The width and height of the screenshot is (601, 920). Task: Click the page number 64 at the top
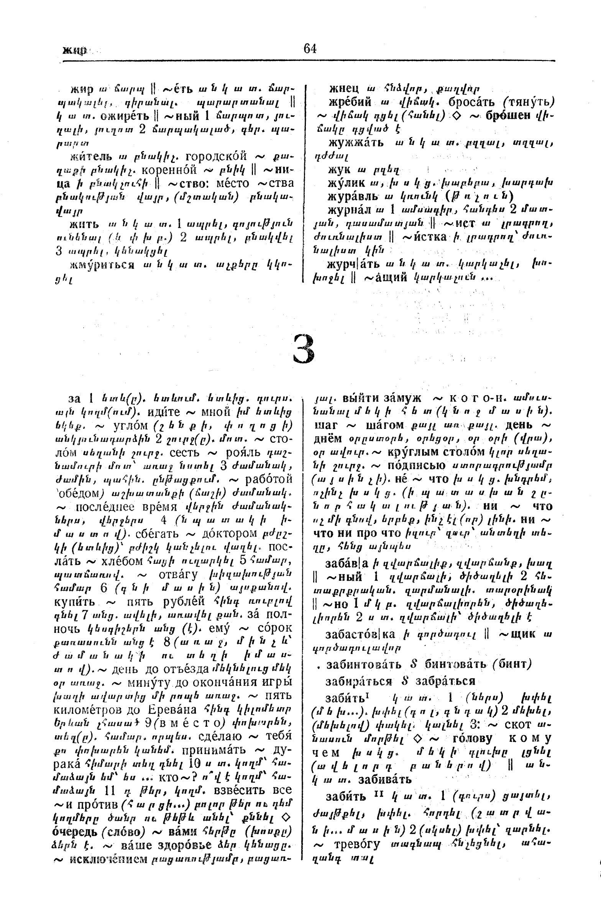(x=310, y=49)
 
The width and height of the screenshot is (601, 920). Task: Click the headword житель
(x=91, y=157)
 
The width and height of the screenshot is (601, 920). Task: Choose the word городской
(x=216, y=156)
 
